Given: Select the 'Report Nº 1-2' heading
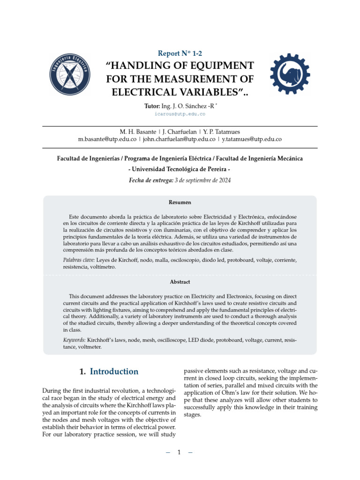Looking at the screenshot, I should (180, 53).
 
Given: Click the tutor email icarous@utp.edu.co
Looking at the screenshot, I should (180, 114).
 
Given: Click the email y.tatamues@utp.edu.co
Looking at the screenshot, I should (252, 139).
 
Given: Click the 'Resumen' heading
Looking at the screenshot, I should (180, 202).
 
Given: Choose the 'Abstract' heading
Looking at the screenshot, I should (180, 282).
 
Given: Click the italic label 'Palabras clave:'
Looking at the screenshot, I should (79, 260).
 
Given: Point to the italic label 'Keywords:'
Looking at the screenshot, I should (74, 339).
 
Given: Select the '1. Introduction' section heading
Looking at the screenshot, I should (109, 372).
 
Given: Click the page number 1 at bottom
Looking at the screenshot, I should (179, 453).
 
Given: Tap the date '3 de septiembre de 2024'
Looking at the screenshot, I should (202, 180).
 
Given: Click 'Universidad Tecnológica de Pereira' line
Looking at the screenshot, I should (180, 169).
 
